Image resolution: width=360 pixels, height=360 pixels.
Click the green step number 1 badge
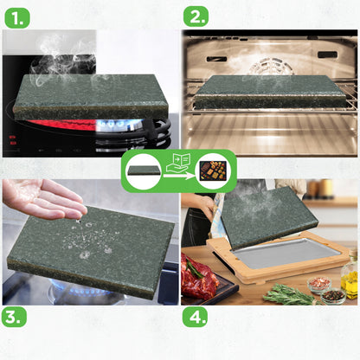pyautogui.click(x=17, y=18)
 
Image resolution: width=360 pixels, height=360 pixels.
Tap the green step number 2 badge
pyautogui.click(x=196, y=16)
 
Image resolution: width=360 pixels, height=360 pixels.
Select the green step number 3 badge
pyautogui.click(x=14, y=317)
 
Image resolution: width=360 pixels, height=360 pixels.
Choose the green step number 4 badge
pyautogui.click(x=195, y=317)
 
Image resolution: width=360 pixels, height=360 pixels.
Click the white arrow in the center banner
pyautogui.click(x=179, y=176)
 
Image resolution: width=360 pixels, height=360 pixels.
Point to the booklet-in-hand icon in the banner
pyautogui.click(x=178, y=164)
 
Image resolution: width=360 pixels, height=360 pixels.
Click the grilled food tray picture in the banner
pyautogui.click(x=214, y=170)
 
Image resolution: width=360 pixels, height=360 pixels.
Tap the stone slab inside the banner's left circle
pyautogui.click(x=144, y=170)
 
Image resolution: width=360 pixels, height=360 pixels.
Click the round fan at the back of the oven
pyautogui.click(x=271, y=67)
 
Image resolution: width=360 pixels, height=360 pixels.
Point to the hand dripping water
pyautogui.click(x=43, y=199)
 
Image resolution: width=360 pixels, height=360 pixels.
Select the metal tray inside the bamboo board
pyautogui.click(x=286, y=253)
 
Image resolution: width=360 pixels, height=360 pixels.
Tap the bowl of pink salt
pyautogui.click(x=319, y=284)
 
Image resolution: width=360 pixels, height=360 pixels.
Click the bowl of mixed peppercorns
pyautogui.click(x=333, y=296)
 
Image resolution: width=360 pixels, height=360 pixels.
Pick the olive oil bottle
pyautogui.click(x=350, y=275)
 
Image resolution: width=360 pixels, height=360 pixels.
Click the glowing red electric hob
pyautogui.click(x=62, y=125)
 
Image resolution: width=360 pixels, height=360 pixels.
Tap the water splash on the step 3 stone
pyautogui.click(x=87, y=240)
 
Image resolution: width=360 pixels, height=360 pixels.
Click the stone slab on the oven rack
pyautogui.click(x=271, y=92)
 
